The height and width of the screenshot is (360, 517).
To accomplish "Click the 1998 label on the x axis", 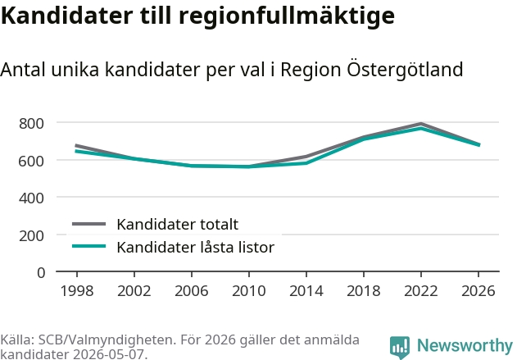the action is point(77,291).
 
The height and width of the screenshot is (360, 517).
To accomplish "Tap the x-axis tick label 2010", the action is point(249,291).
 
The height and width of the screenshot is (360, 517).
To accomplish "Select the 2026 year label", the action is point(478,291).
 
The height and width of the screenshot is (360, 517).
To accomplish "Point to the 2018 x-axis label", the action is point(363,291).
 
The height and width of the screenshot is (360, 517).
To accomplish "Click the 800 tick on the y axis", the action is point(31,124).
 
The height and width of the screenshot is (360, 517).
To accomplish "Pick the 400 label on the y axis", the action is point(31,198).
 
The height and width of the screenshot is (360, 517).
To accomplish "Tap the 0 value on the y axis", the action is point(41,273).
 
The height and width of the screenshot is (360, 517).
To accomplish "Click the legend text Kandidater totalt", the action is point(178,225).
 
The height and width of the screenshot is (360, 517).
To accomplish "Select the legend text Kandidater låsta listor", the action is point(196,247).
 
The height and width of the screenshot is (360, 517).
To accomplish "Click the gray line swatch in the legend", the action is point(89,224).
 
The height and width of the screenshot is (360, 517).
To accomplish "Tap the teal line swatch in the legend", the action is point(89,247).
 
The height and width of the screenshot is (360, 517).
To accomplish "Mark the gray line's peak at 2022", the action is point(420,124).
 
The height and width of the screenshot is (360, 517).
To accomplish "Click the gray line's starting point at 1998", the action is point(76,145).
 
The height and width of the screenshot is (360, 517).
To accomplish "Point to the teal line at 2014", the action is point(306,163).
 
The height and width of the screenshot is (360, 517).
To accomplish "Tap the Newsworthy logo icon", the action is point(400,347).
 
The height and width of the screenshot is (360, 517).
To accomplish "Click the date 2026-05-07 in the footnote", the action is point(108,354).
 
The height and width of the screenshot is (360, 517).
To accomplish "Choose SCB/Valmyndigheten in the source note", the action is point(106,339).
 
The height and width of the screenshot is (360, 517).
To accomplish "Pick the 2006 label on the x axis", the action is point(192,291).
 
